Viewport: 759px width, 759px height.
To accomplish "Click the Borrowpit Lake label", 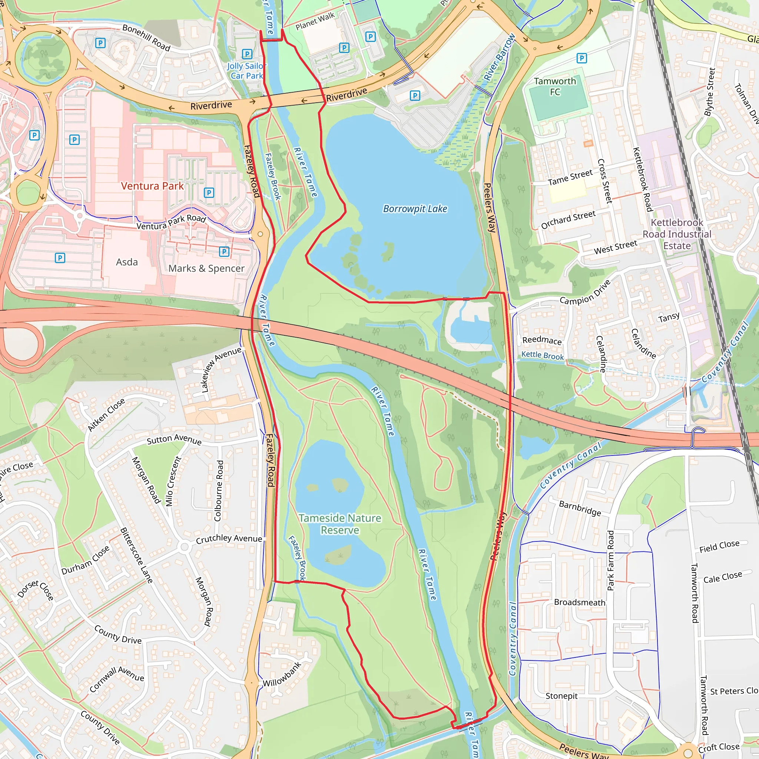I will [415, 209].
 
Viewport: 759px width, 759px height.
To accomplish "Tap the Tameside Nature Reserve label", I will [339, 524].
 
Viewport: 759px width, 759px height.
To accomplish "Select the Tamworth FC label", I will [555, 86].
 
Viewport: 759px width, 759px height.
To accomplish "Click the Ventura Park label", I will [152, 186].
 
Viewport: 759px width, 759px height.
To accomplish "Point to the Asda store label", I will [126, 262].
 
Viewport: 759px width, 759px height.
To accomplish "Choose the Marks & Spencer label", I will [206, 268].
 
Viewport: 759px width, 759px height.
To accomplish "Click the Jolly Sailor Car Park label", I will [245, 71].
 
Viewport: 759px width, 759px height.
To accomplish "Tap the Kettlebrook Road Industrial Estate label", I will [676, 234].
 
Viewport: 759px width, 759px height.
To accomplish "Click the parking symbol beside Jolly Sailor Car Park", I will [247, 54].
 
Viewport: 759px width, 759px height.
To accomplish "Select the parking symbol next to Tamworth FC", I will [581, 59].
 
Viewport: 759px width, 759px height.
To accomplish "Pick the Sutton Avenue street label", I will [174, 439].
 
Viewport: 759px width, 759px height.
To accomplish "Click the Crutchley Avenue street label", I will [229, 538].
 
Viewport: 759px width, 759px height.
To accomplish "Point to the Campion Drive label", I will [585, 293].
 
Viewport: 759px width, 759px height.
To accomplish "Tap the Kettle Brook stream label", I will [542, 355].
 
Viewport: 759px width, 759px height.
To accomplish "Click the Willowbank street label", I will [282, 674].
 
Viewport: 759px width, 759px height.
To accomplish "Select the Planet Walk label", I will [315, 21].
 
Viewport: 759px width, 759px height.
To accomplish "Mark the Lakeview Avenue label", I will [221, 369].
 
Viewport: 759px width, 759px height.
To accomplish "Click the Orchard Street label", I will [568, 220].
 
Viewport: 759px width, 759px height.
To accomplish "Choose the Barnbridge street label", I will [580, 508].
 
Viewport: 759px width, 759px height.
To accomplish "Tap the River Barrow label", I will [499, 57].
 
